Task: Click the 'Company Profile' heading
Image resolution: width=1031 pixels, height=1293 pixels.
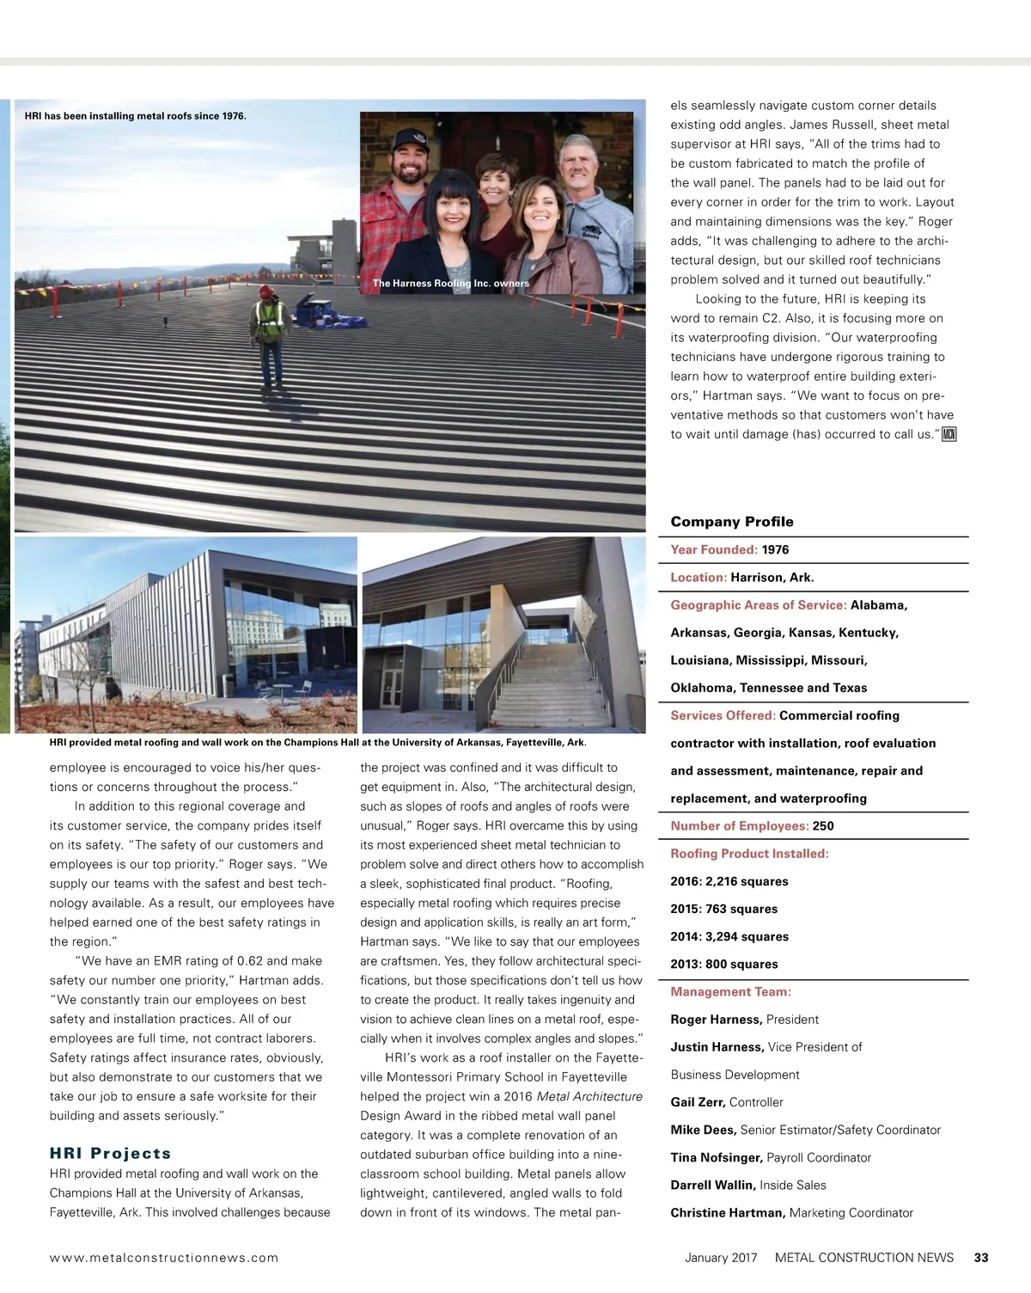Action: (x=731, y=522)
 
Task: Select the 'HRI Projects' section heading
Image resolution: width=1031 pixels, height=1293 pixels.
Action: (x=110, y=1154)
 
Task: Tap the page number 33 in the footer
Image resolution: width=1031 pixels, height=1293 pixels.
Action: (x=980, y=1258)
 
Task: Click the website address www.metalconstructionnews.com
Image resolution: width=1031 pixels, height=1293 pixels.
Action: (x=164, y=1258)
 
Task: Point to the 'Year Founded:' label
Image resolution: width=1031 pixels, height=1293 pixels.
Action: (x=714, y=550)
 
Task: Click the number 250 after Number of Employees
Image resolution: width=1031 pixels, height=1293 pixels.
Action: (x=823, y=826)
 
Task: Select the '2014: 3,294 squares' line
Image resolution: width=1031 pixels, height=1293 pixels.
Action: (x=729, y=937)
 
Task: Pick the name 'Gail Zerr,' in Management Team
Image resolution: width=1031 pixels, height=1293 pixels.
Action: (x=698, y=1102)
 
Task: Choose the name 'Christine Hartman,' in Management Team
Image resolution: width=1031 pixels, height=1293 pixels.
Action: (x=727, y=1213)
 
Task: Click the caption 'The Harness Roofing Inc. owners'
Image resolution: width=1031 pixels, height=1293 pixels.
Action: (x=450, y=284)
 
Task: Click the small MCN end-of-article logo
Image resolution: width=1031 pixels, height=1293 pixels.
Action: (x=949, y=434)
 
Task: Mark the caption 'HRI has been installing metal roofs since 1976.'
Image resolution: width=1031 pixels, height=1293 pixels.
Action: (x=135, y=116)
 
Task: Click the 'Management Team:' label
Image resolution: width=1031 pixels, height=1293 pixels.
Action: (x=730, y=992)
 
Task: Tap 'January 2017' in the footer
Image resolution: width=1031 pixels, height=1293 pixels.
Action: (x=721, y=1258)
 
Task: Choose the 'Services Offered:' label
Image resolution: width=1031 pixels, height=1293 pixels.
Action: (x=723, y=716)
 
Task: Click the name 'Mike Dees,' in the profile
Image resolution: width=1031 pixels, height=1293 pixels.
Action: (x=703, y=1130)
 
